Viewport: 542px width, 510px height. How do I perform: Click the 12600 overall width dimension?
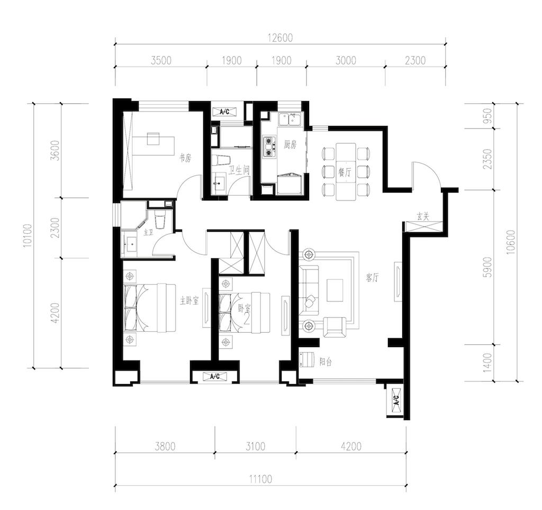point(280,38)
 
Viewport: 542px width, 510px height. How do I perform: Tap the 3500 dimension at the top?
point(161,60)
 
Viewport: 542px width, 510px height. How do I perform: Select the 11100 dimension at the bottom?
point(260,479)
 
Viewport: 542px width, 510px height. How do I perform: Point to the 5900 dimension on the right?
point(487,267)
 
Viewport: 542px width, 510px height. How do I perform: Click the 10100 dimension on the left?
point(28,235)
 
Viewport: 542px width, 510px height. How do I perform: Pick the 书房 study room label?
point(185,158)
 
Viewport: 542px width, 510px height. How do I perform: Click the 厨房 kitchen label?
point(290,144)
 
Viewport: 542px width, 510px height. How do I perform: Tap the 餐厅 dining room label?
point(345,172)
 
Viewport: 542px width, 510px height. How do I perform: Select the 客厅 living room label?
point(373,277)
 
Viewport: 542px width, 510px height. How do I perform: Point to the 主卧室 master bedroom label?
point(189,300)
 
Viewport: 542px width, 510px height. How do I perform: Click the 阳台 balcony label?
point(326,362)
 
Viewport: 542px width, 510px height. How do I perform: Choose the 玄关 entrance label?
point(423,217)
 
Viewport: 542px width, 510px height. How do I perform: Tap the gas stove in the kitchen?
point(269,147)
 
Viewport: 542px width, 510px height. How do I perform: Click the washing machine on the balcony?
point(307,359)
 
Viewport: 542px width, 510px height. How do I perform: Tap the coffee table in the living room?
point(335,290)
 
